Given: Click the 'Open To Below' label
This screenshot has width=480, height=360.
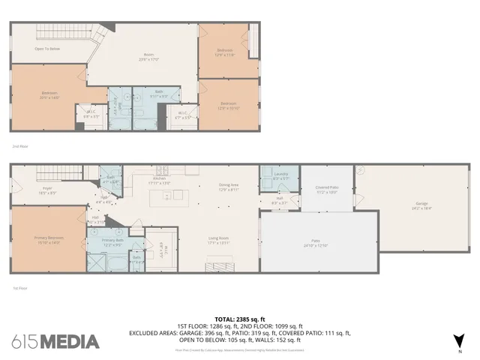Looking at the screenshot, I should (x=46, y=49).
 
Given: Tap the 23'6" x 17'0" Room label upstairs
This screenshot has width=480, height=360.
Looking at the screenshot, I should (x=148, y=57).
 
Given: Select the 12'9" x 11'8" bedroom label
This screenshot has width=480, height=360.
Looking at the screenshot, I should (x=226, y=52).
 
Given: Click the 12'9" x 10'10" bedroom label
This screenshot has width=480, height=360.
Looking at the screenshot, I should (x=228, y=105).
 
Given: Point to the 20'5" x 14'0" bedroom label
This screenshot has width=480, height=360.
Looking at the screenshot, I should (x=49, y=94).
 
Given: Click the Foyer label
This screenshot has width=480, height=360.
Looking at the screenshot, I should (x=46, y=190).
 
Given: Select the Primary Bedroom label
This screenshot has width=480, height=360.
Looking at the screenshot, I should (x=48, y=240).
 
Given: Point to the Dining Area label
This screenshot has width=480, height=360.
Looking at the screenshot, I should (x=228, y=187).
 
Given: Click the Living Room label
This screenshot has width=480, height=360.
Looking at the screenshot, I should (x=218, y=241).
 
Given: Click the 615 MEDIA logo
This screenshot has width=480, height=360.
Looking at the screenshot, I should (x=55, y=342).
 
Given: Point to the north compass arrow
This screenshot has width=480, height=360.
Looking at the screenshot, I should (x=460, y=340).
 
